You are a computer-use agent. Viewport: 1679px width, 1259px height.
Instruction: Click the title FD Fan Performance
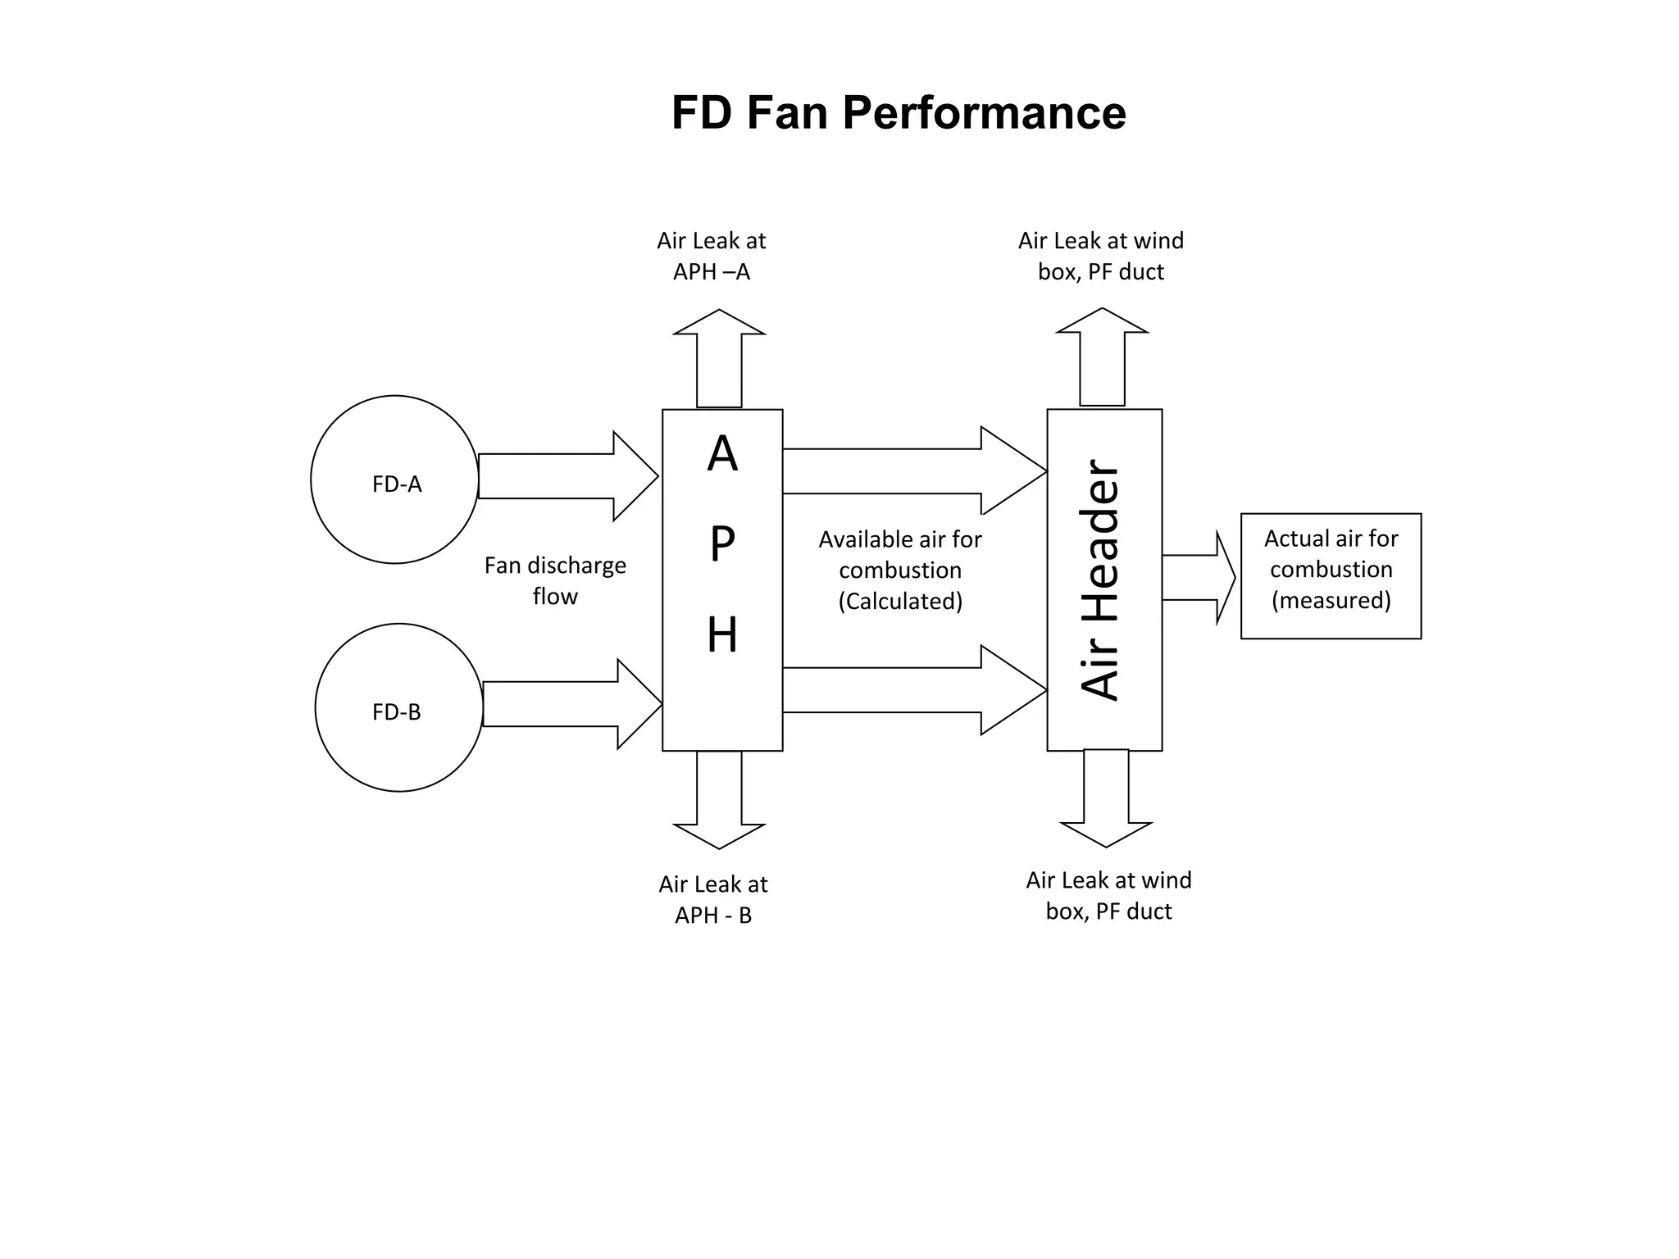pos(899,112)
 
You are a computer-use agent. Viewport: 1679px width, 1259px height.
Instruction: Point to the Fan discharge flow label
pos(555,580)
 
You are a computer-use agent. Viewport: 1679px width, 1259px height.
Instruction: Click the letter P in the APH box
pos(722,543)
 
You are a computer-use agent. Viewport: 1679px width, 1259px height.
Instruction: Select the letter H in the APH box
pos(722,635)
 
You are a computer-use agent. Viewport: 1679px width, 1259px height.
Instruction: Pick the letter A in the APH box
pos(722,454)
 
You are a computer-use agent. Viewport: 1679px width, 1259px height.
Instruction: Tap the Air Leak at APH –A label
pos(711,256)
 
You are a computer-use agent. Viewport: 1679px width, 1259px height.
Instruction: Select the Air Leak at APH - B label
pos(712,899)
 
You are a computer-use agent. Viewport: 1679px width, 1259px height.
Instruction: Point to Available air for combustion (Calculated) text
pos(899,570)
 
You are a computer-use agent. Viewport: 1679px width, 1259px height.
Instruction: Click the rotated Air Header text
pos(1099,580)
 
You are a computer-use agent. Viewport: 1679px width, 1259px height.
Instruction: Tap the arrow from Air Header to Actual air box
pos(1198,578)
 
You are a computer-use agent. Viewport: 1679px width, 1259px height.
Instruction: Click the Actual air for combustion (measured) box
pos(1331,575)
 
